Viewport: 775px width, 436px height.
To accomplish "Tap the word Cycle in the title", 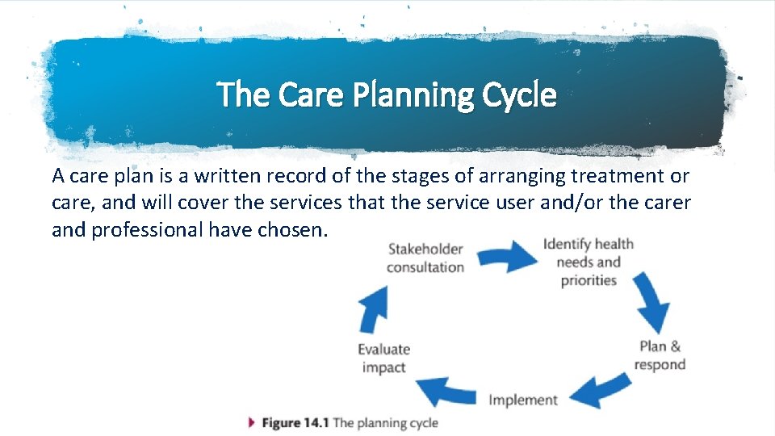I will pos(517,95).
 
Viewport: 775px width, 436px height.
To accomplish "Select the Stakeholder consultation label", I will pos(425,258).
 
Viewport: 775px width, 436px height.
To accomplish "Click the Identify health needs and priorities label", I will pos(588,262).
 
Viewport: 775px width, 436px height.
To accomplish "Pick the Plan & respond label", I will pos(660,355).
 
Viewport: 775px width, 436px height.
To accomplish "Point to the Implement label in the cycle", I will pos(522,400).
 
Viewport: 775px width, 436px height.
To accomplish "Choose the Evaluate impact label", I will pos(384,358).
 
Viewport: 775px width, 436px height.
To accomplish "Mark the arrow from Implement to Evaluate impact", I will pos(450,391).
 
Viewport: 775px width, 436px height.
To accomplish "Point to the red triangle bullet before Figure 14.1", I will pos(253,422).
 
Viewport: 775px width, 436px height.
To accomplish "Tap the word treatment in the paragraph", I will pos(614,175).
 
